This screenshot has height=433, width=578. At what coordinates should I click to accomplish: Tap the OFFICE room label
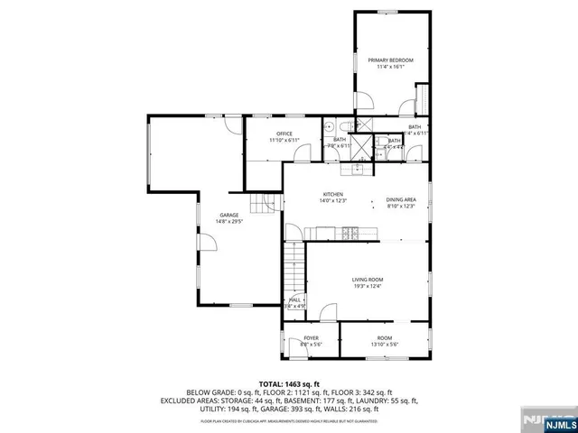(284, 134)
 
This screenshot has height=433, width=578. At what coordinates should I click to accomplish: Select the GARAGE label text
(227, 215)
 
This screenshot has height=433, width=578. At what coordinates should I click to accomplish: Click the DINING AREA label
(401, 200)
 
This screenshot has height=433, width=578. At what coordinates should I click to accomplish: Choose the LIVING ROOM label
(368, 280)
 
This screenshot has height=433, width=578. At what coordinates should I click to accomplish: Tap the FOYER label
(311, 338)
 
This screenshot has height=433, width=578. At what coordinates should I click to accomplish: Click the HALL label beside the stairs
(294, 300)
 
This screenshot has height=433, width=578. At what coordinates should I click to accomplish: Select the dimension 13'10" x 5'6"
(385, 345)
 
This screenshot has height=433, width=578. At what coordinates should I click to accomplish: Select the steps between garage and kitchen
(263, 205)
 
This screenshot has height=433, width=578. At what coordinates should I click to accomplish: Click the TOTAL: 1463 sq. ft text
(289, 383)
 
